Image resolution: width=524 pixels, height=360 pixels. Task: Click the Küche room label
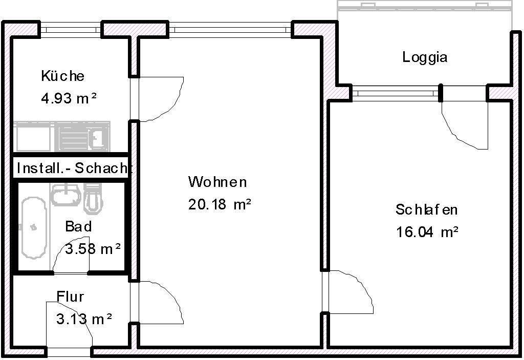coord(63,76)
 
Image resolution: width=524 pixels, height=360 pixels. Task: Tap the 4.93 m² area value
coord(69,98)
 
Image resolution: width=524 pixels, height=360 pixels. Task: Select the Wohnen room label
coord(217,182)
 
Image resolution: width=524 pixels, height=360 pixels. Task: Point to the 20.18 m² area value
coord(220,204)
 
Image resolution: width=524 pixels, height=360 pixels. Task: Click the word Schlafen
coord(426,209)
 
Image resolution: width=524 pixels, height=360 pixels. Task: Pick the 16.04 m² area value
coord(427,231)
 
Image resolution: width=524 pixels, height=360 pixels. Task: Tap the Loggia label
coord(425,57)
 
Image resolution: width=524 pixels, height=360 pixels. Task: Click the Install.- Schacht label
coord(73,168)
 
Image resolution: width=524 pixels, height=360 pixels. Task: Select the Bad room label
coord(78,226)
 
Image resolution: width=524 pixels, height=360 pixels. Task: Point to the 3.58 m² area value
coord(93,249)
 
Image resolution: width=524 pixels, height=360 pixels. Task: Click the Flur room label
coord(70,297)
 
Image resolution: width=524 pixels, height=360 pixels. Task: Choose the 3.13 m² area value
coord(84,319)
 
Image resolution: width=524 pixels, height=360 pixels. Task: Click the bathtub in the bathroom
coord(34,227)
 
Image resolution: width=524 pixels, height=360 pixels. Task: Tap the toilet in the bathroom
coord(93,198)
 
